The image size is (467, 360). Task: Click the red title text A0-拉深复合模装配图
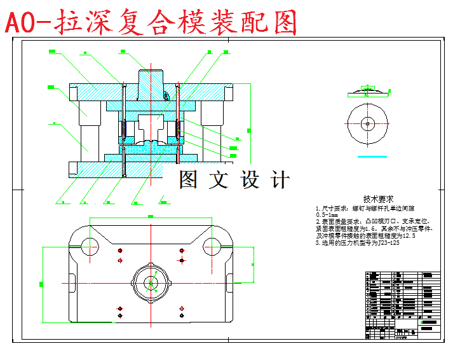tap(151, 23)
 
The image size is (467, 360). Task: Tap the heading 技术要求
tap(379, 198)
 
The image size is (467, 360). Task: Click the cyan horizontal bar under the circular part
tap(372, 155)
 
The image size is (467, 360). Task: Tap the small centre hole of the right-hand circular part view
tap(367, 123)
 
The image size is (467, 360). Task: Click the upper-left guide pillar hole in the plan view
tap(88, 244)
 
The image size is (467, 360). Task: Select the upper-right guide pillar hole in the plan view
tap(212, 244)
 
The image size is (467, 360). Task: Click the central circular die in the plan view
tap(152, 282)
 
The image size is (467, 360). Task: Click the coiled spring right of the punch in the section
tap(180, 132)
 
